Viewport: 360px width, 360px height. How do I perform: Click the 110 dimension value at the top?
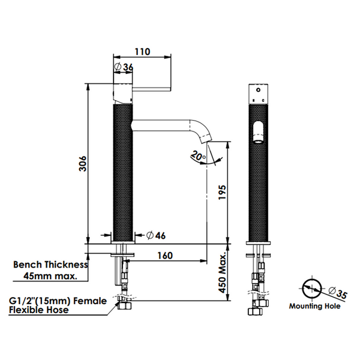click(142, 52)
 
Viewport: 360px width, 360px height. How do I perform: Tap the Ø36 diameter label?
click(124, 67)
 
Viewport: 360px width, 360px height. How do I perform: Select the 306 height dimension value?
click(83, 163)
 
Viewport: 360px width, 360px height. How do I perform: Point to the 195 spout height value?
click(222, 192)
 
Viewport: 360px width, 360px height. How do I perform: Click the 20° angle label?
click(198, 155)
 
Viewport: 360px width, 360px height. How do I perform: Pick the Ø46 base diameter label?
click(156, 236)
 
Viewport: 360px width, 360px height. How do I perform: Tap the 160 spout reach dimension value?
click(165, 256)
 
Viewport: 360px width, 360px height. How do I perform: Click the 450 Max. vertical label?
click(222, 273)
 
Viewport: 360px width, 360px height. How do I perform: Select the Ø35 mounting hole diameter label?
click(338, 293)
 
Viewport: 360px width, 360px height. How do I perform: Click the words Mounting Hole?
click(314, 306)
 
